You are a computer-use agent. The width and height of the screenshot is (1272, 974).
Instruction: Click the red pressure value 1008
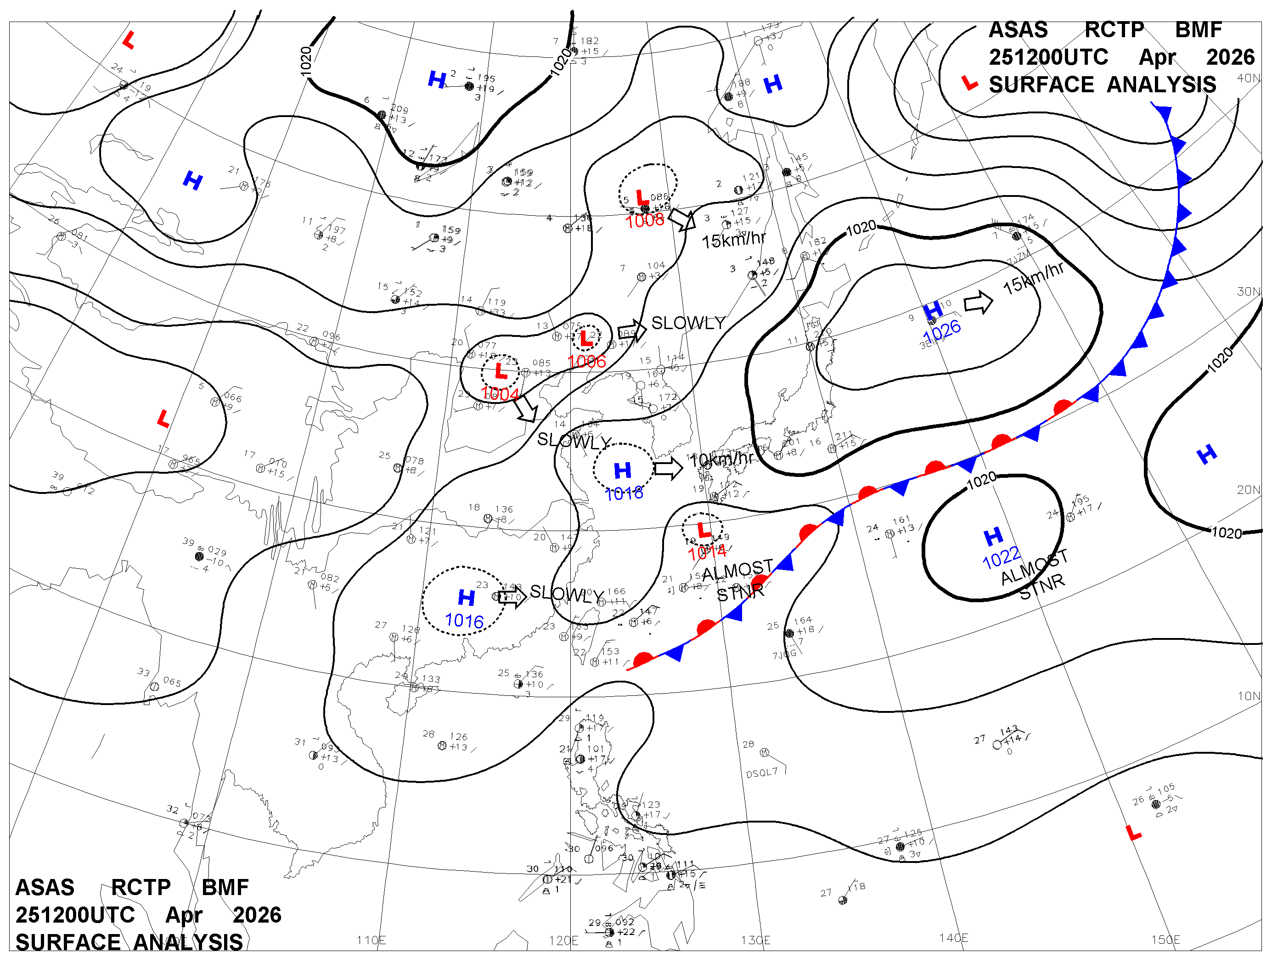644,220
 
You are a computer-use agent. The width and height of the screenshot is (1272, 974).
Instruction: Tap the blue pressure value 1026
941,331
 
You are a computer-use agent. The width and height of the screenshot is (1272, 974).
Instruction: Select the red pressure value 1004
500,394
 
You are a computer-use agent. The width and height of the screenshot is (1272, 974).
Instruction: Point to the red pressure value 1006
586,361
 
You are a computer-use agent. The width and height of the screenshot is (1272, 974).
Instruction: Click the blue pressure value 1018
624,493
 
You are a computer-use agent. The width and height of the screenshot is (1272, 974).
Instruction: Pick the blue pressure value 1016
464,621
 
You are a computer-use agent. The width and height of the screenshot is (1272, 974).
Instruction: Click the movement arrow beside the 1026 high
978,302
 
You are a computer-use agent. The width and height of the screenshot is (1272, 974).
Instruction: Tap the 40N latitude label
1248,78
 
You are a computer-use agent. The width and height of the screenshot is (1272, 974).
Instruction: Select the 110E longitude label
371,940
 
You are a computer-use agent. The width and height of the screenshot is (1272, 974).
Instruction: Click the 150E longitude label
1165,940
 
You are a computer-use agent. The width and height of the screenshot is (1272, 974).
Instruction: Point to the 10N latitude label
1248,696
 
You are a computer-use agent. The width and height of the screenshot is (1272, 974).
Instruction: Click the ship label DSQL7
761,773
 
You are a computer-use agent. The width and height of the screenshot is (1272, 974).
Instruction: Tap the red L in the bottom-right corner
1133,833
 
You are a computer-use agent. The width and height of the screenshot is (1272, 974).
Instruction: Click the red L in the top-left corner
129,40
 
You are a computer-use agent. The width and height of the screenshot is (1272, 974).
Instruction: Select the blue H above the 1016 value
467,597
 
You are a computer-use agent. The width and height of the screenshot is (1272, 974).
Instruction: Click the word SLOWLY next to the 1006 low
688,323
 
